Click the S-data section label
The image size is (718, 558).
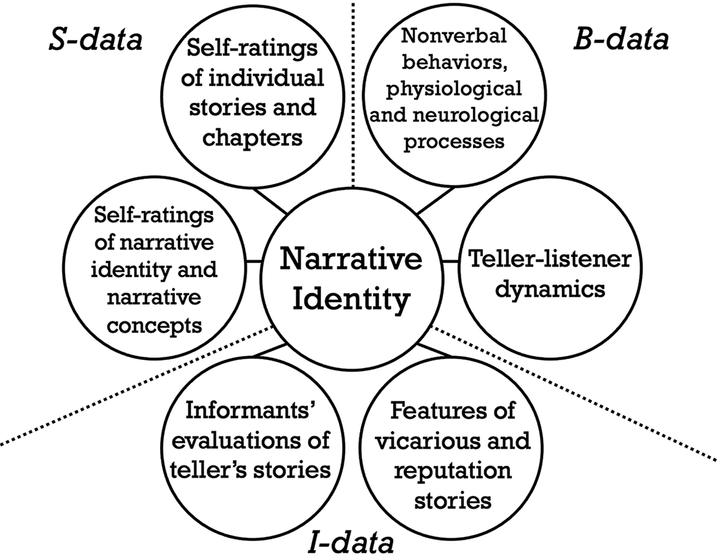tap(95, 41)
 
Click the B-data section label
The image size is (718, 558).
tap(621, 40)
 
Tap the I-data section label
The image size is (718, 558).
tap(352, 542)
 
